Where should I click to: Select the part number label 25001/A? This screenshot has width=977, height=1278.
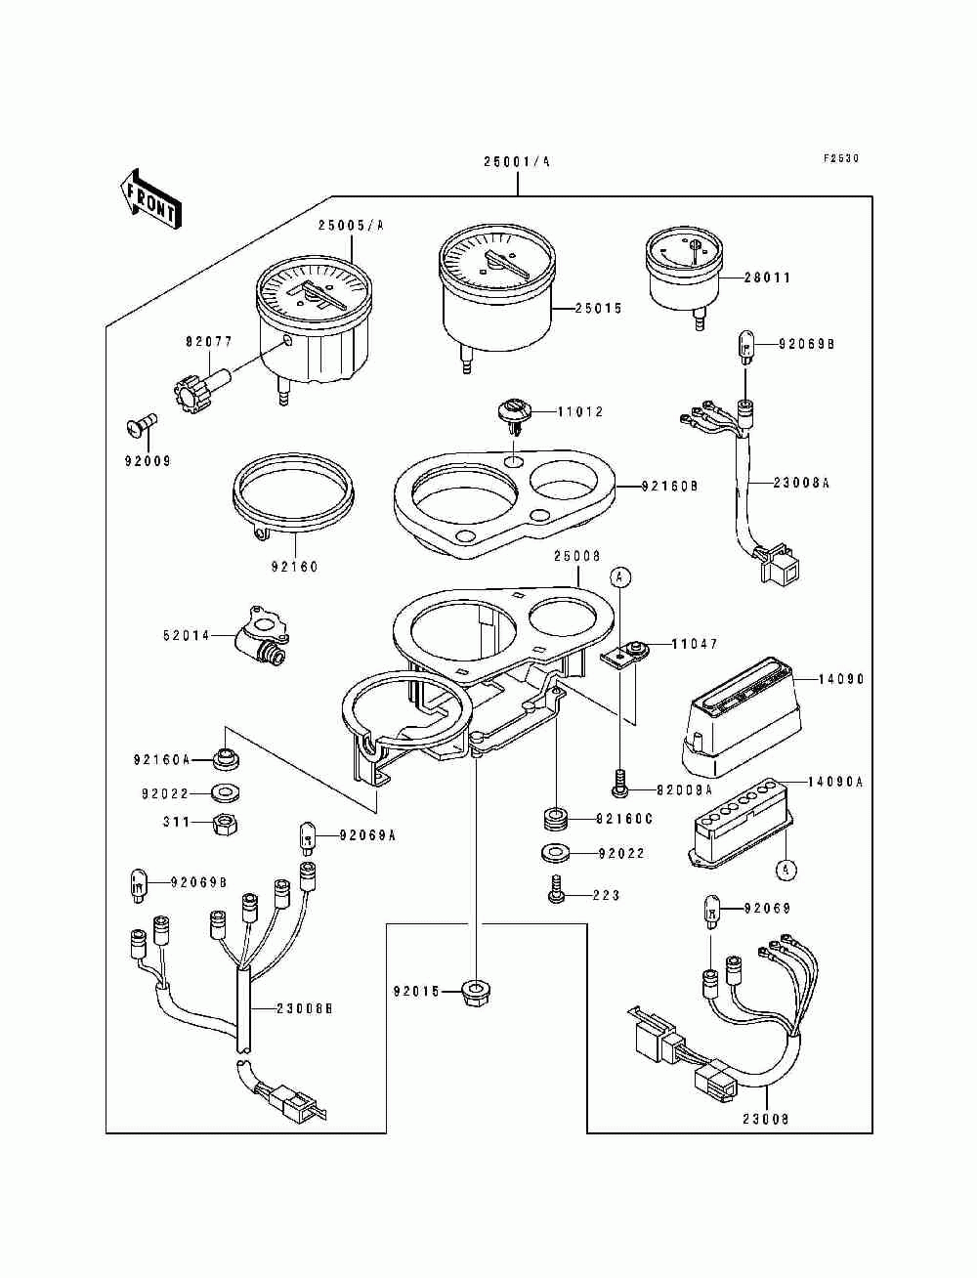[x=516, y=162]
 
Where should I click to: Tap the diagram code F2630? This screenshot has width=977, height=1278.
[x=841, y=158]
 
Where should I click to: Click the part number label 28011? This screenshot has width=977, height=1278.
[x=767, y=277]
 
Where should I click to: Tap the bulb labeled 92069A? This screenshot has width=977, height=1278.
[x=308, y=837]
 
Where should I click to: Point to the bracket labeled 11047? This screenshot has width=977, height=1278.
[x=625, y=654]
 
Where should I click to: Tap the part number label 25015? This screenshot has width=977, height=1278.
[x=599, y=308]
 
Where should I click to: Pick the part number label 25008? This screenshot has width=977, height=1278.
[x=576, y=557]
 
